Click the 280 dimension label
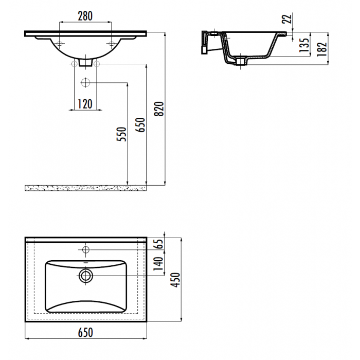(x=85, y=16)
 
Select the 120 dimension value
(x=85, y=104)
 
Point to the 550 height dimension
(x=121, y=134)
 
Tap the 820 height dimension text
(x=159, y=109)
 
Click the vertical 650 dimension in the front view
(x=140, y=125)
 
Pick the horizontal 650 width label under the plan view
(x=85, y=332)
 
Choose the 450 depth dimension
(x=176, y=280)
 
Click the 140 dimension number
(x=158, y=264)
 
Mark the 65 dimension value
(x=159, y=244)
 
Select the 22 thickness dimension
(x=286, y=19)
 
